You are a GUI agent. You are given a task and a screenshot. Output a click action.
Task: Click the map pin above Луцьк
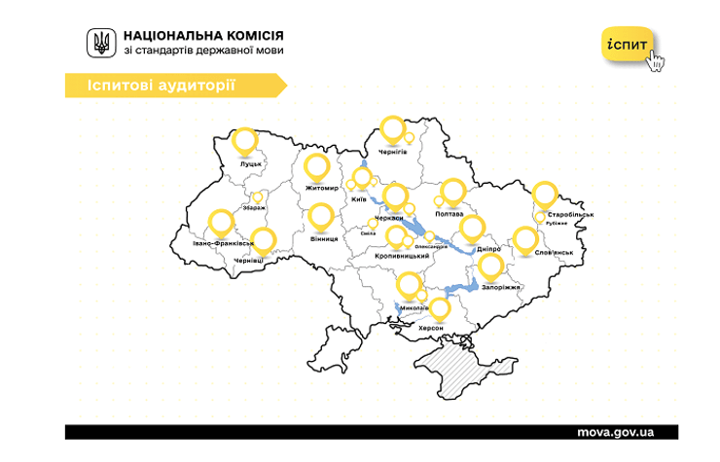tap(246, 141)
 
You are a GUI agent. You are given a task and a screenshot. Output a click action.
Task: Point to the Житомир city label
tap(321, 188)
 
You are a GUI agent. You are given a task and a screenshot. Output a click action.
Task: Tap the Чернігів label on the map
tap(393, 152)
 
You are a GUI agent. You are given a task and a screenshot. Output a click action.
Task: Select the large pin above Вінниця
tap(322, 216)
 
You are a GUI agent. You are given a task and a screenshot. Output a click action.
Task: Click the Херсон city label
tap(430, 329)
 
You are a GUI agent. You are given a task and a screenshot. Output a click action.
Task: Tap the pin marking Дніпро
tap(472, 229)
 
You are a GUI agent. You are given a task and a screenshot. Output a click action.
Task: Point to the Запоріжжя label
tap(500, 288)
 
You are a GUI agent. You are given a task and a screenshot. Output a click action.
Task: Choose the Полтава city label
tap(455, 213)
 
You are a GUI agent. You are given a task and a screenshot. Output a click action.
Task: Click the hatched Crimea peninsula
tap(457, 371)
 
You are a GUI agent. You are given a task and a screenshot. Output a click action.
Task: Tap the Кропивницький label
tap(402, 256)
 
